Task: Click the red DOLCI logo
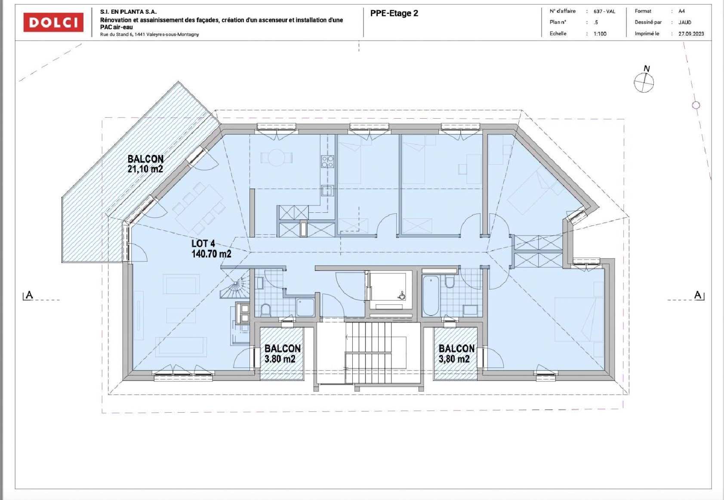click(x=53, y=22)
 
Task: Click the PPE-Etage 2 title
click(x=394, y=13)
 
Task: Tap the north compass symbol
click(x=644, y=82)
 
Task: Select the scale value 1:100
click(x=600, y=34)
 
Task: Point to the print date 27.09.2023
click(x=691, y=34)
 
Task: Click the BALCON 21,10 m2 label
click(x=145, y=164)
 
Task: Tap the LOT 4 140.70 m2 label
click(x=211, y=248)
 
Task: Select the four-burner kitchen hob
click(x=327, y=161)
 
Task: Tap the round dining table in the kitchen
click(x=276, y=158)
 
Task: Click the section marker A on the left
click(x=29, y=295)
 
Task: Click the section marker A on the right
click(x=698, y=295)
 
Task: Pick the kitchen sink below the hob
click(x=327, y=190)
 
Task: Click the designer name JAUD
click(x=685, y=22)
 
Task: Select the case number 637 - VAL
click(x=604, y=12)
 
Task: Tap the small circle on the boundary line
click(x=696, y=105)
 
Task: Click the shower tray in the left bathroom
click(x=305, y=307)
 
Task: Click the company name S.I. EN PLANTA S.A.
click(x=128, y=12)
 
